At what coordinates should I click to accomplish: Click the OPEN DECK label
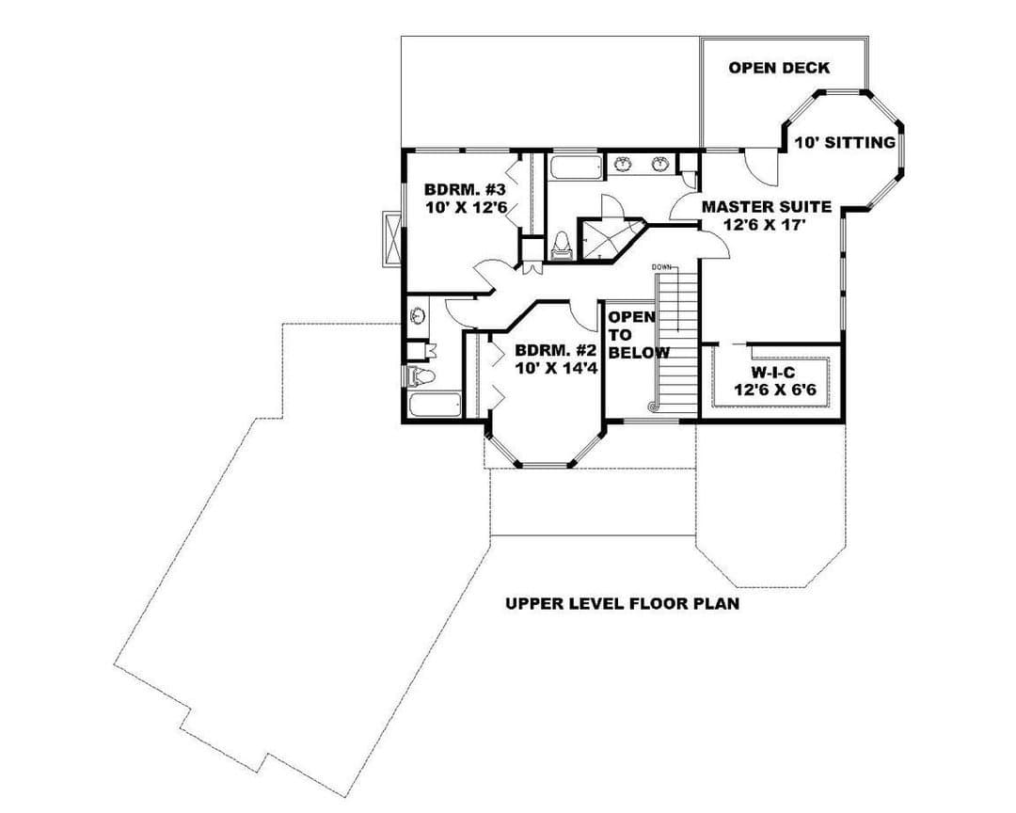point(779,68)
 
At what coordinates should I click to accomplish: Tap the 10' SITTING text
point(845,143)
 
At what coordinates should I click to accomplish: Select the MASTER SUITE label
point(767,207)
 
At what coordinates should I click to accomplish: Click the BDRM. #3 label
point(465,190)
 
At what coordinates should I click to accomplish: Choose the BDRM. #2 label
point(555,351)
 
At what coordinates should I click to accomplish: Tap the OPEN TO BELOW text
point(638,335)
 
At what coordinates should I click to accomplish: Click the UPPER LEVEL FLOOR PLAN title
point(622,604)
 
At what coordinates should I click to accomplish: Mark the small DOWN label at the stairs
point(661,267)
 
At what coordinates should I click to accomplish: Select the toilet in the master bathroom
point(561,246)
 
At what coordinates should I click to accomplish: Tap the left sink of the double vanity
point(623,165)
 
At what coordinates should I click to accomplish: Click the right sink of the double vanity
point(660,165)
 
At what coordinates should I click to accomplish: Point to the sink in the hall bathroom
point(418,316)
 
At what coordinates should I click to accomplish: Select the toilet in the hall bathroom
point(421,375)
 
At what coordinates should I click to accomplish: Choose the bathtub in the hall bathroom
point(436,406)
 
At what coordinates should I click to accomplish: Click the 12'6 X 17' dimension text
point(767,225)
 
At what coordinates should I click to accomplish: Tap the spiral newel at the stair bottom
point(653,406)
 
